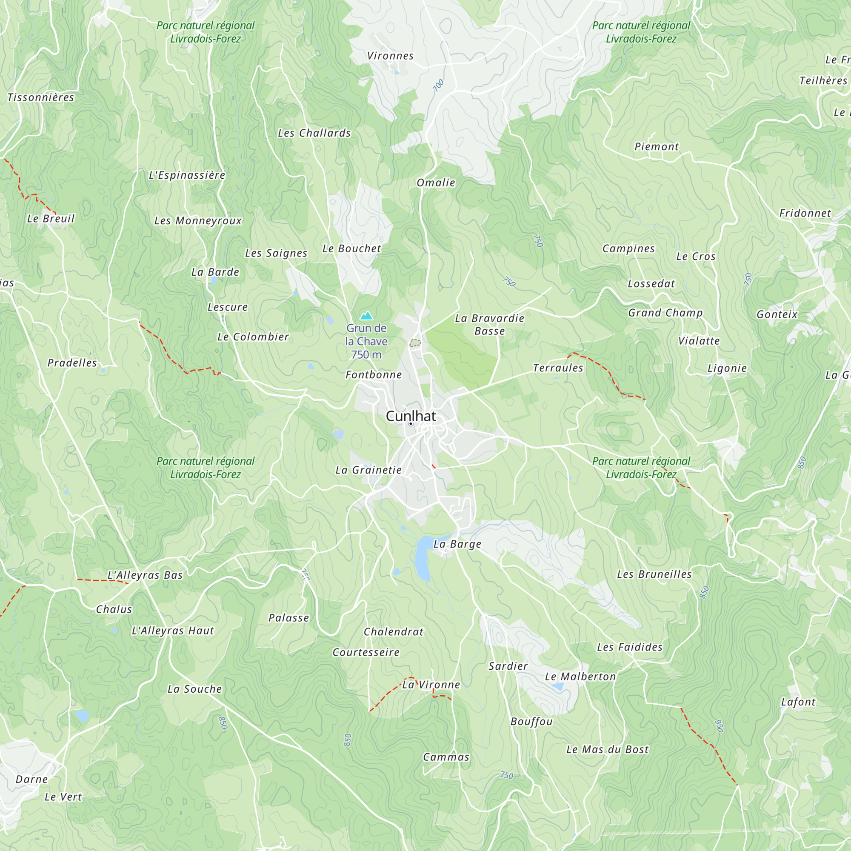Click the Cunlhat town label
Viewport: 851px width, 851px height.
coord(411,416)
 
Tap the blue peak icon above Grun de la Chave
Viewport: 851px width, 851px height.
coord(366,316)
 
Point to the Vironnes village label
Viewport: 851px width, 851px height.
coord(390,56)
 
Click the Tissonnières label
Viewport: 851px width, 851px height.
coord(40,97)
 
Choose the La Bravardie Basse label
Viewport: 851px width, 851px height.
coord(489,325)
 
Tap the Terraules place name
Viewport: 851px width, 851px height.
coord(558,368)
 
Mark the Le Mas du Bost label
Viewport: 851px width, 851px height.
coord(608,750)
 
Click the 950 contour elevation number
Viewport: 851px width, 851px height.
coord(719,726)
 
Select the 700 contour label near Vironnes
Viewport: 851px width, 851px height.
coord(438,85)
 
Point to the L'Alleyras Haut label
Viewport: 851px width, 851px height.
coord(173,631)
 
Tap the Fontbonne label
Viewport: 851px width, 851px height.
coord(374,375)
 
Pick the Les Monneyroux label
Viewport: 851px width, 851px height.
coord(198,221)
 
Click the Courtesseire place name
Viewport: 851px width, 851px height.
coord(366,652)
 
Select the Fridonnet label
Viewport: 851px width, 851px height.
coord(805,213)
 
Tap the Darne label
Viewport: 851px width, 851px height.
coord(32,779)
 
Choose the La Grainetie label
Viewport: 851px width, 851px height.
coord(368,470)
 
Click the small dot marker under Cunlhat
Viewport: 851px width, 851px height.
coord(411,424)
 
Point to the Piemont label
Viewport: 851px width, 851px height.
coord(656,147)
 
